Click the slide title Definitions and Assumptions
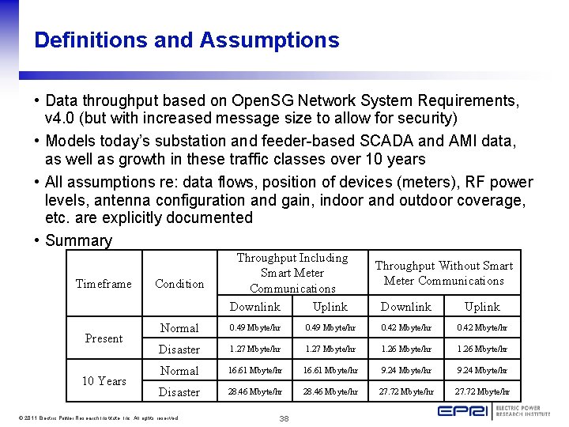click(x=187, y=40)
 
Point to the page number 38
click(x=284, y=418)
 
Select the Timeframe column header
click(x=104, y=284)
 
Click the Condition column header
click(x=179, y=284)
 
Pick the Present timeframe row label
click(x=104, y=338)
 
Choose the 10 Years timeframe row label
click(x=104, y=381)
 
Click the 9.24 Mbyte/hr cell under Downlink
click(x=406, y=370)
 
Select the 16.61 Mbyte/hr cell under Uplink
click(x=330, y=370)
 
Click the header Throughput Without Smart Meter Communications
click(x=443, y=273)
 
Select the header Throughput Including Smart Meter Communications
click(x=292, y=273)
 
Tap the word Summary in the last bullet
click(x=79, y=240)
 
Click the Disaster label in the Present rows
click(x=179, y=350)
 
